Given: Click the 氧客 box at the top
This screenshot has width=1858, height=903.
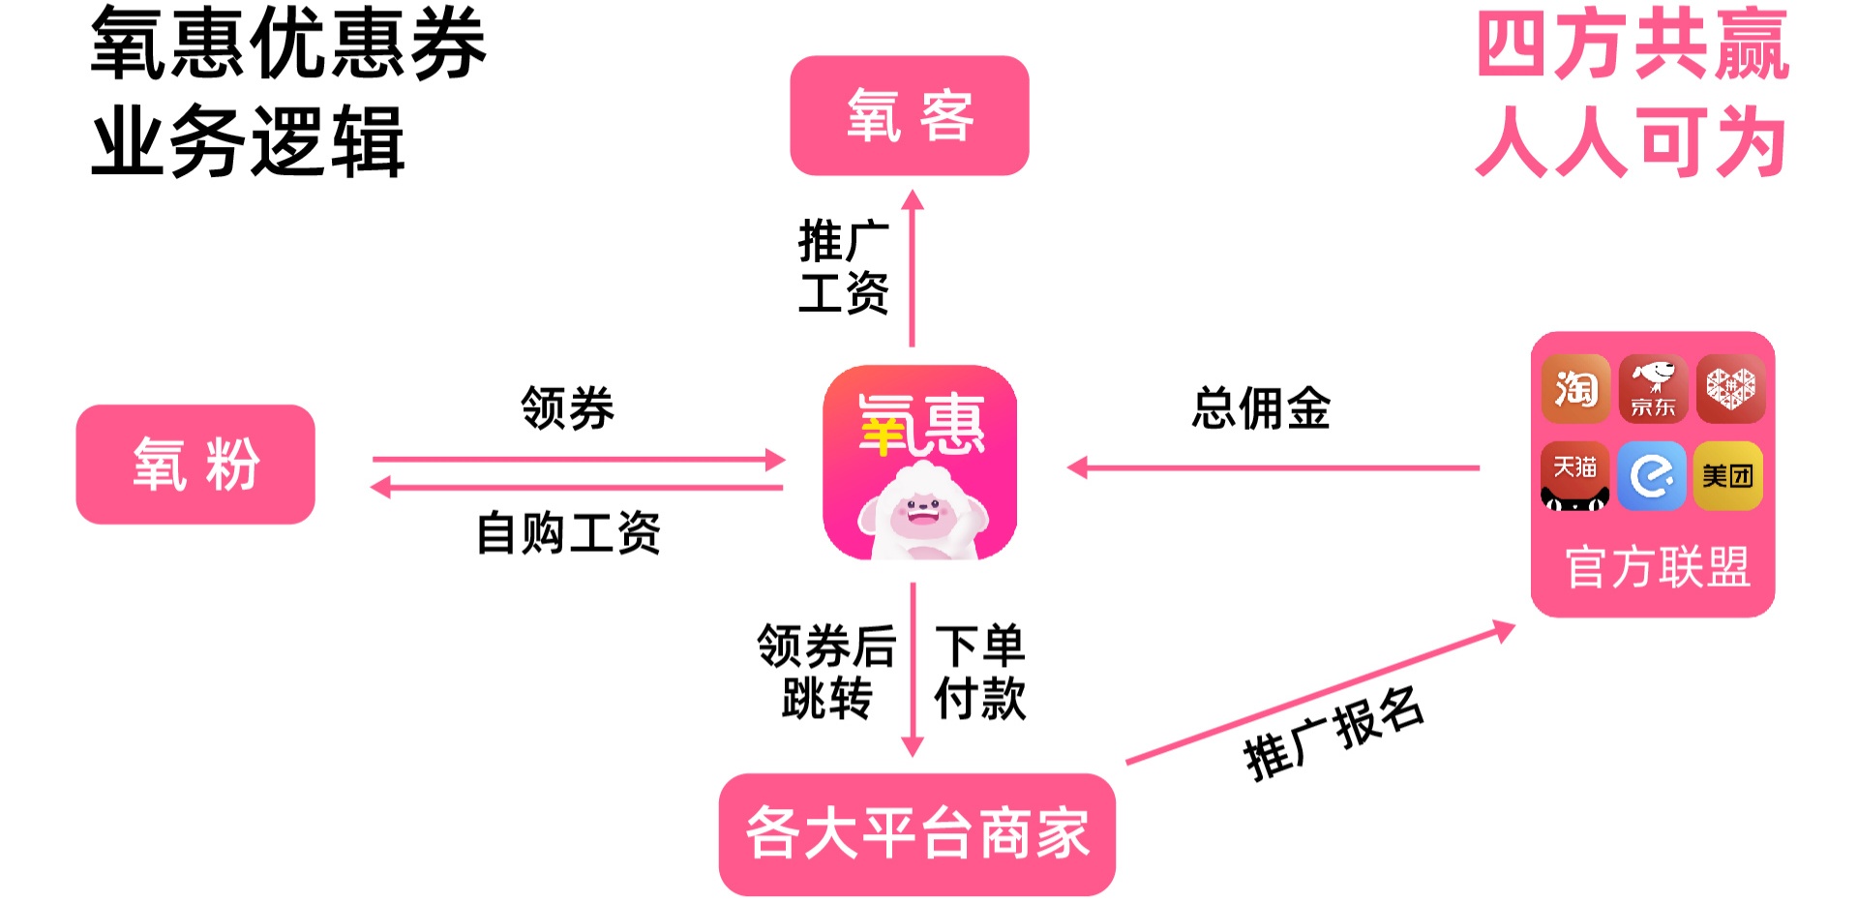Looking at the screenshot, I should coord(909,116).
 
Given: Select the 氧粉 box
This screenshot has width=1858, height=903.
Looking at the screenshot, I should coord(195,465).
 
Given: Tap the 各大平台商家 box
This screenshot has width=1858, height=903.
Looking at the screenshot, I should coord(916,833).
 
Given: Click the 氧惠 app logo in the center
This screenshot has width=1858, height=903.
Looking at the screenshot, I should coord(919,463).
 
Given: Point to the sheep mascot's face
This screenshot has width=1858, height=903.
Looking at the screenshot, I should coord(921,513).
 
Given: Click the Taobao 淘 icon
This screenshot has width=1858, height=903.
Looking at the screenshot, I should coord(1575,389).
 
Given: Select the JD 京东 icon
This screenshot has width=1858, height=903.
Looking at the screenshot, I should coord(1653,389).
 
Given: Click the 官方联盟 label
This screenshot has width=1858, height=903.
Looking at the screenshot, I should coord(1657,567).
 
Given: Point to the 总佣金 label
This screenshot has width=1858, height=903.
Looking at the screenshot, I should coord(1261,408).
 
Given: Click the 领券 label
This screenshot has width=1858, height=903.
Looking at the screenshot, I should coord(567,408).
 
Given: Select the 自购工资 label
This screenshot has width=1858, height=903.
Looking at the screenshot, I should coord(568,533).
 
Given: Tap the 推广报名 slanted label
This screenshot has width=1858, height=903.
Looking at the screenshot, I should coord(1334,734).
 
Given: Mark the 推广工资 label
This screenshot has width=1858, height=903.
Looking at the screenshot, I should coord(843,267).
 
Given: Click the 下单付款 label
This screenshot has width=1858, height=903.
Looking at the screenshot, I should coord(979,672).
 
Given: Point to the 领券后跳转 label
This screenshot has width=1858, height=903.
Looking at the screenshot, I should coord(826,672).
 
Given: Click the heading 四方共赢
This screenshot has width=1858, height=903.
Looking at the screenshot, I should coord(1633,45).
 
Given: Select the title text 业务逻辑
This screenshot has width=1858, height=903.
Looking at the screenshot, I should coord(248,142).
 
